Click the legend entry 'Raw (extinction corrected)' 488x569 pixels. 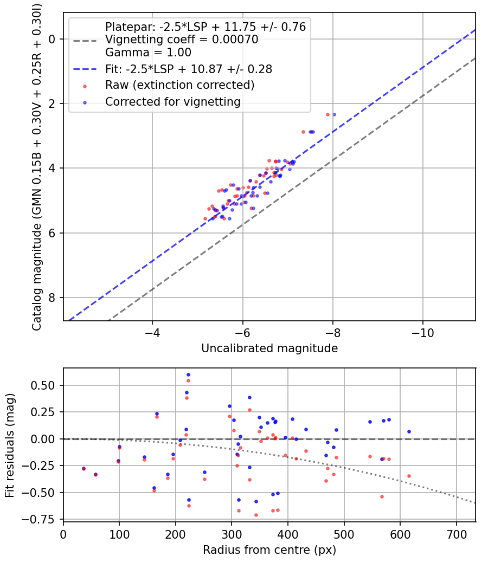[x=180, y=85]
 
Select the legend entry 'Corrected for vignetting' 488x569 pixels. [x=173, y=101]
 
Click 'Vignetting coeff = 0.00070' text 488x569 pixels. [x=182, y=40]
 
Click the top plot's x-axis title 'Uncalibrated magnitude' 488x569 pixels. [x=269, y=348]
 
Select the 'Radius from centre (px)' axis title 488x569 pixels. [x=269, y=550]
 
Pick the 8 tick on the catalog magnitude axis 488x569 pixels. [x=53, y=298]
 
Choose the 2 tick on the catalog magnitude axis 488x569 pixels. [x=53, y=104]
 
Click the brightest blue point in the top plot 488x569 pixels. [x=334, y=114]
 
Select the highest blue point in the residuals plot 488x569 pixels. [x=188, y=374]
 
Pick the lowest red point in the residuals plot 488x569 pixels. [x=256, y=515]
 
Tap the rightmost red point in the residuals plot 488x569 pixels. [x=409, y=476]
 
